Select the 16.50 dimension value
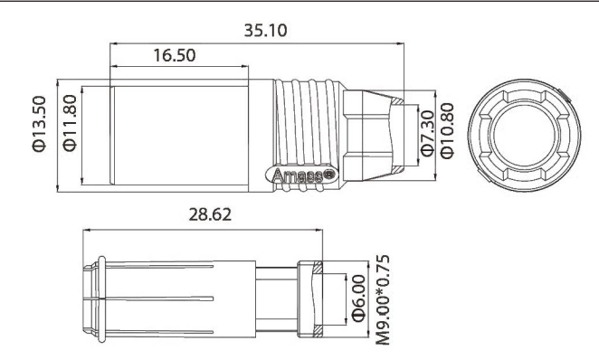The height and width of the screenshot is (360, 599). tap(171, 56)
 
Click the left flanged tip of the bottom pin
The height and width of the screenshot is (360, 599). tap(93, 298)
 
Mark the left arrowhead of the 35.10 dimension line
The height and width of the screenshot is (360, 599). tap(113, 42)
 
